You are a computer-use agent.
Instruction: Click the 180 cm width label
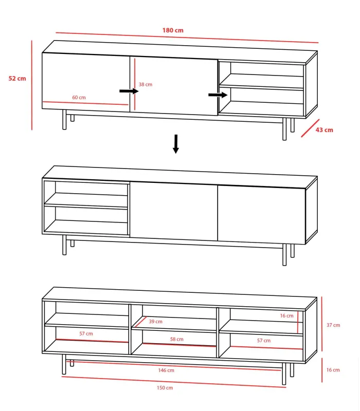coord(173,30)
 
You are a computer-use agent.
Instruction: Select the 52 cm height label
coord(17,79)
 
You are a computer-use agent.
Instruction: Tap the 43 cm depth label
coord(324,130)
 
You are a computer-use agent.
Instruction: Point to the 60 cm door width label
coord(79,97)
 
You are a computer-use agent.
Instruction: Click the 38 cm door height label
coord(146,84)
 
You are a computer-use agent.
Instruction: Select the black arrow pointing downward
coord(176,144)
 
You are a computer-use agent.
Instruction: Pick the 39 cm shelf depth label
coord(155,322)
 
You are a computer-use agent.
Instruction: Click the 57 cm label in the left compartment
coord(86,334)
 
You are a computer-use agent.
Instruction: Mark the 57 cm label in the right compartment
coord(263,341)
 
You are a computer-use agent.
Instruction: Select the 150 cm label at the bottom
coord(166,388)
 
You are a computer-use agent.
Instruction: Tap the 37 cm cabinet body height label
coord(333,325)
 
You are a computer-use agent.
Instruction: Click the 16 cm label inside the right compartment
coord(286,316)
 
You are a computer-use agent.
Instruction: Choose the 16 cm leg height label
coord(333,370)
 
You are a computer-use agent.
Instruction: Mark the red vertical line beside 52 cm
coord(32,85)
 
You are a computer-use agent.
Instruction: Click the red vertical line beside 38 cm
coord(135,84)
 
